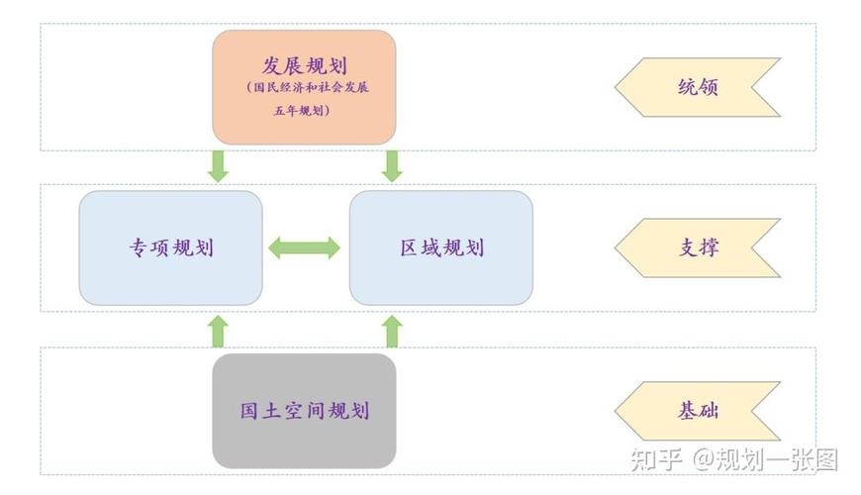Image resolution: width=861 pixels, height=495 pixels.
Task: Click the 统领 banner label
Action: pyautogui.click(x=698, y=87)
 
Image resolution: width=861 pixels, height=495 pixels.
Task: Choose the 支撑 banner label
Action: pyautogui.click(x=698, y=247)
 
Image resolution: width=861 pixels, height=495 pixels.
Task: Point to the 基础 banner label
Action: pyautogui.click(x=698, y=411)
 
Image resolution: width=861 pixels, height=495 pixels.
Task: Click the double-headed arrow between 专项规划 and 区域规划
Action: pyautogui.click(x=305, y=247)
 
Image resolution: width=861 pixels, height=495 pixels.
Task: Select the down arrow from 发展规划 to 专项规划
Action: pyautogui.click(x=218, y=165)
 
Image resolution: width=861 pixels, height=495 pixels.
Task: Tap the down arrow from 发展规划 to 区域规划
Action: pyautogui.click(x=392, y=165)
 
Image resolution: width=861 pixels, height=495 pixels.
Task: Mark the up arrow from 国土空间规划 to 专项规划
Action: pyautogui.click(x=218, y=332)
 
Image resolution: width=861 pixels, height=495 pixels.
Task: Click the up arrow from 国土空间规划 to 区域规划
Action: pyautogui.click(x=392, y=332)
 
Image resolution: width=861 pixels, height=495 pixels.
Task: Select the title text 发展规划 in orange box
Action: pyautogui.click(x=303, y=65)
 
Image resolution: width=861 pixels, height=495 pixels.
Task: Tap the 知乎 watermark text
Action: pyautogui.click(x=656, y=460)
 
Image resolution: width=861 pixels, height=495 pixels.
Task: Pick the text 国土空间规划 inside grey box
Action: pyautogui.click(x=304, y=410)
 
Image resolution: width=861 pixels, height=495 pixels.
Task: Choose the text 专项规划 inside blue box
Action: pyautogui.click(x=170, y=247)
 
